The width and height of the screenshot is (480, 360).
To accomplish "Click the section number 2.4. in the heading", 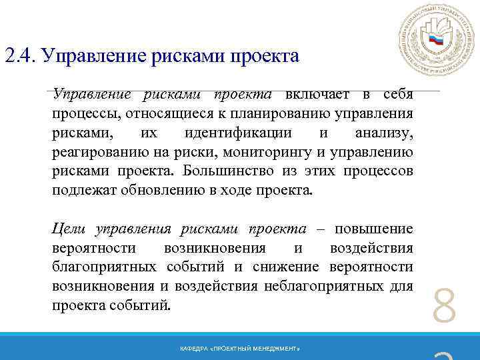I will tap(20, 55).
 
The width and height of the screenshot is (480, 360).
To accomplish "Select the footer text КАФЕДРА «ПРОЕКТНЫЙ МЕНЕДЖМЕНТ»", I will tap(240, 349).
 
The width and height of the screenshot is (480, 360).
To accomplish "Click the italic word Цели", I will tap(69, 229).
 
